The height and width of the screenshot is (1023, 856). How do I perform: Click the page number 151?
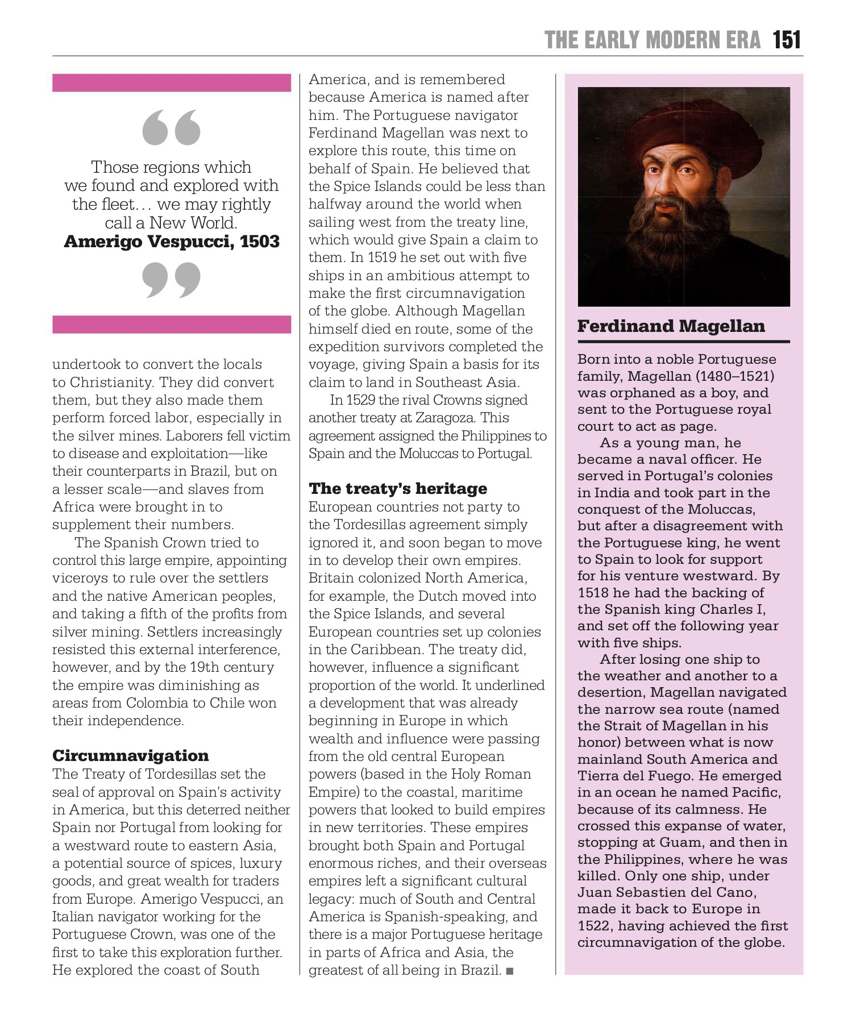pos(787,40)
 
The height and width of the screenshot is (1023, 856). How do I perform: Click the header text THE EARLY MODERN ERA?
pos(652,40)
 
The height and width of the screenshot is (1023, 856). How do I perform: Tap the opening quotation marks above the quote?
pos(172,127)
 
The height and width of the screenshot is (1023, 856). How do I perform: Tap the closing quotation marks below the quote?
pos(172,280)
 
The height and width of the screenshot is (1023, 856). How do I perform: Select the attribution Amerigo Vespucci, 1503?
pos(172,242)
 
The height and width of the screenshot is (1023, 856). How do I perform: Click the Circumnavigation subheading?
pos(131,755)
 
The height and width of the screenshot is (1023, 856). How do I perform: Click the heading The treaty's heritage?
pos(398,488)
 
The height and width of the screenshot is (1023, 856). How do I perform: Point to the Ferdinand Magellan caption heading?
pos(671,326)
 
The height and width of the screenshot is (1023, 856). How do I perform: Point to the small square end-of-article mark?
pos(509,971)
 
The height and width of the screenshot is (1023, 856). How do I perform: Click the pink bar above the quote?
pos(172,82)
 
